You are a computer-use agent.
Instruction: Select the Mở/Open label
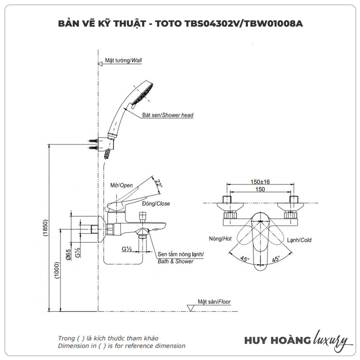121,185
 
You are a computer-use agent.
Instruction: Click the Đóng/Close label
156,203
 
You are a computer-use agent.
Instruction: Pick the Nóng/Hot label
220,239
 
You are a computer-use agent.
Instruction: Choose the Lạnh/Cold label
299,240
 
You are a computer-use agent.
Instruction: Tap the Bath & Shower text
175,261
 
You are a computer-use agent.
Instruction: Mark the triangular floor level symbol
190,308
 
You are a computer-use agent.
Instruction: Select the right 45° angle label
276,258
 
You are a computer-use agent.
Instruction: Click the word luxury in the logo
331,340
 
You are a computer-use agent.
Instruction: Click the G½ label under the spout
126,248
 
